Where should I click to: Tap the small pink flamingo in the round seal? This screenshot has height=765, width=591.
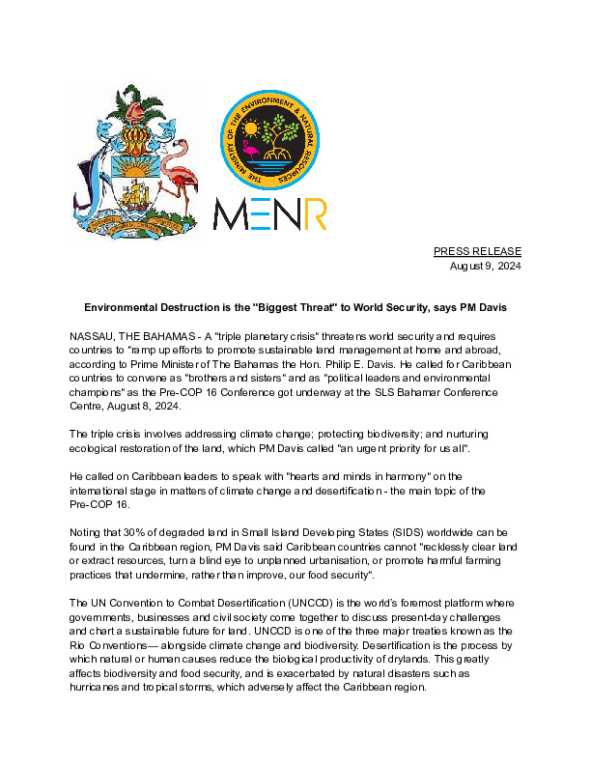[249, 150]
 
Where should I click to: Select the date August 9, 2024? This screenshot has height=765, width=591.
[486, 266]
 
